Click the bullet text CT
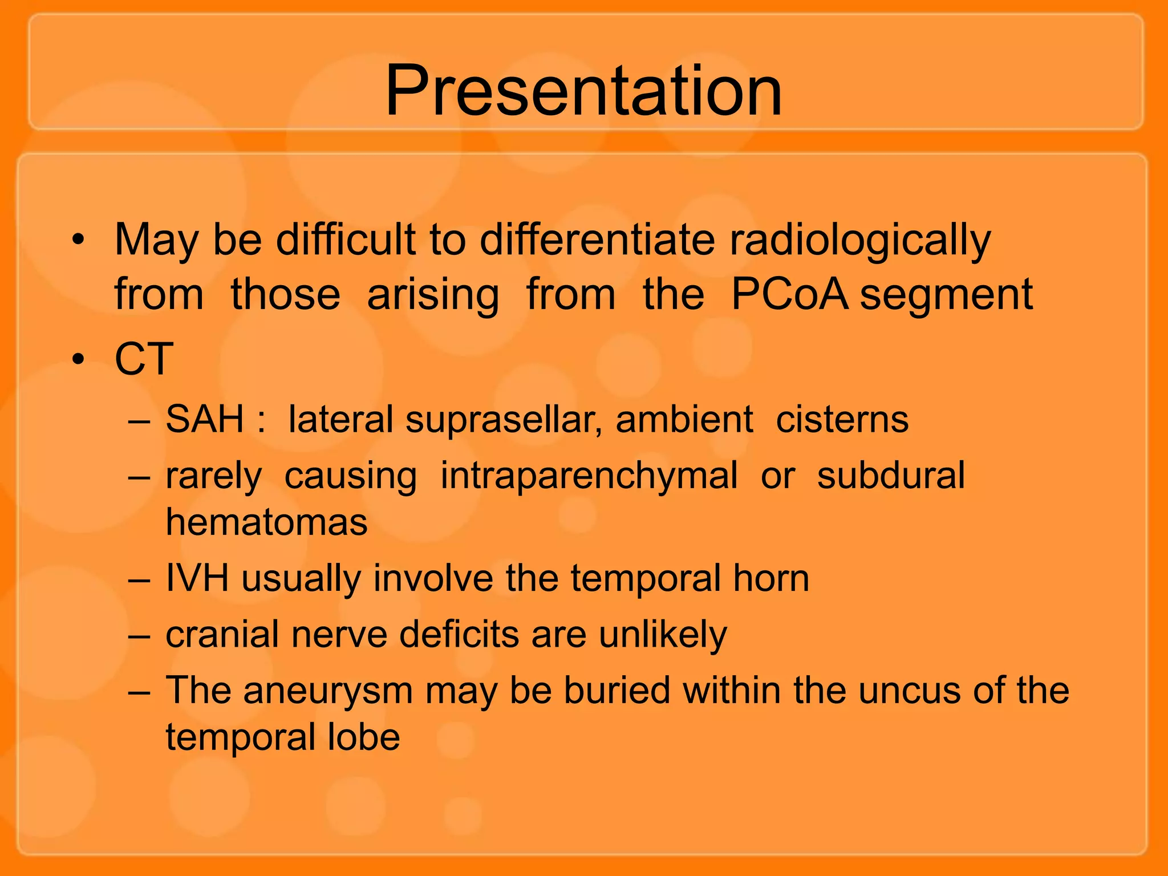pos(144,359)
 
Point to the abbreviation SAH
pos(205,419)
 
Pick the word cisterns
pos(842,420)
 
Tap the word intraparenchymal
pos(589,476)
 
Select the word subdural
pos(890,475)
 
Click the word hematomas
pos(266,522)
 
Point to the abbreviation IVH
pos(197,578)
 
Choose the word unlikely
pos(663,635)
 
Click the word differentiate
pos(597,240)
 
